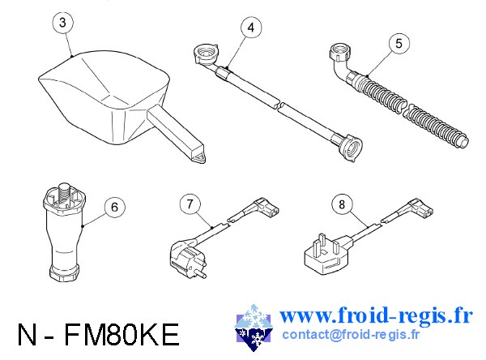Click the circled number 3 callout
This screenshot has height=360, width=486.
63,23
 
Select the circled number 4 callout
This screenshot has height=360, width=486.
251,28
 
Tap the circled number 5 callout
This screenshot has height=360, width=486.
399,43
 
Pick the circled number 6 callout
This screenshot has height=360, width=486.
115,207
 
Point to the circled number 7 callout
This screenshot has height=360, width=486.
190,204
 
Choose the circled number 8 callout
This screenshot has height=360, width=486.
342,204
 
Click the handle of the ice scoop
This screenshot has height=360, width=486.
176,134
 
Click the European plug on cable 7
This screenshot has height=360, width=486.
187,258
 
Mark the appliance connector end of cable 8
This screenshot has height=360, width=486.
420,207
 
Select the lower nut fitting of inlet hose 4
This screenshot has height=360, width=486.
351,148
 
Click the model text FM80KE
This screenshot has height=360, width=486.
122,335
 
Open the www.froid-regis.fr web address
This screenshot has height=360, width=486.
376,315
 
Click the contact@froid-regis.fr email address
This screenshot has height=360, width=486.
351,335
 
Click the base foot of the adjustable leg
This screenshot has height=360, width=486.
65,272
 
